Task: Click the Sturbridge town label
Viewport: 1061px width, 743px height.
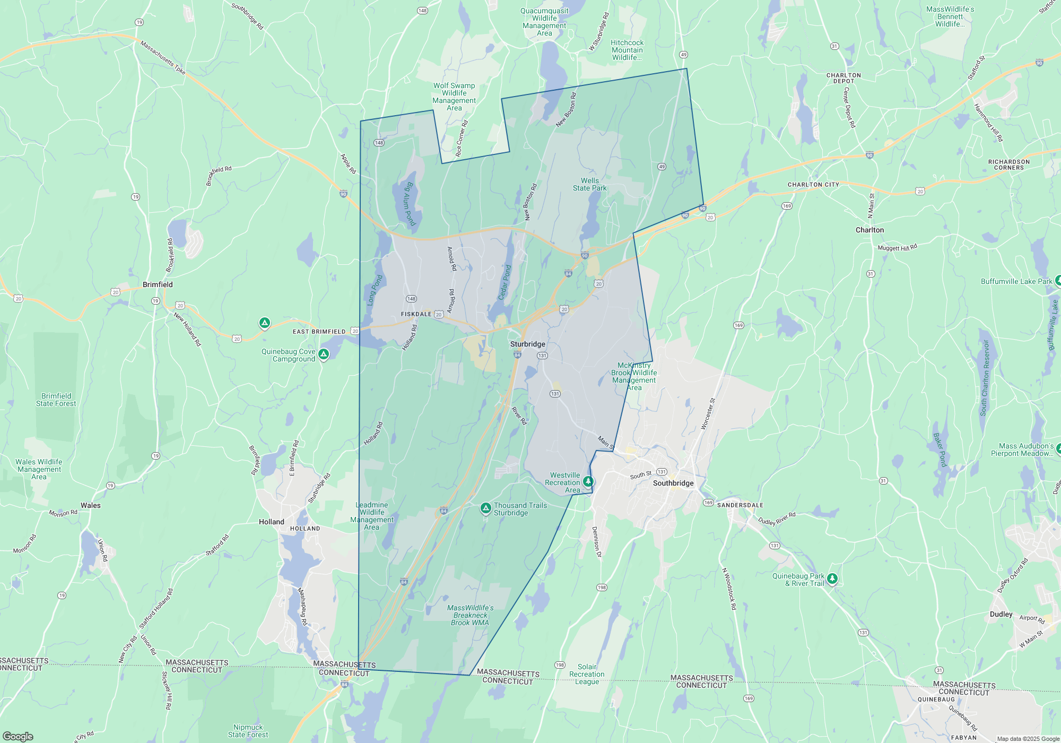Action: tap(527, 344)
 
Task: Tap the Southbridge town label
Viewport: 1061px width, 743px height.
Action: tap(673, 483)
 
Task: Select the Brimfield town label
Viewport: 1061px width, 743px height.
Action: tap(158, 284)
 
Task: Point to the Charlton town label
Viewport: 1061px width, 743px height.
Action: tap(869, 230)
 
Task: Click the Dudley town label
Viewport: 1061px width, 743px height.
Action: tap(1001, 614)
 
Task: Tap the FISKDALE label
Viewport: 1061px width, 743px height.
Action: tap(416, 314)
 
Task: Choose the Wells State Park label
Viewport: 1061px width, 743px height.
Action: tap(589, 184)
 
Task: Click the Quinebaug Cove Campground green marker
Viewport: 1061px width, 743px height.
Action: tap(324, 353)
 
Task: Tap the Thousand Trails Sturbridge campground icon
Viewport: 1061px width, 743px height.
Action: tap(485, 508)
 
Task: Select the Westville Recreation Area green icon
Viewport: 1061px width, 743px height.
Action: tap(588, 481)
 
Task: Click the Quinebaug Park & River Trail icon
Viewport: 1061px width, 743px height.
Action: tap(832, 578)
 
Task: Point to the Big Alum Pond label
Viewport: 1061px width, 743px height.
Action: tap(409, 204)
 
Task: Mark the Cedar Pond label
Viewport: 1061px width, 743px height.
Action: tap(505, 282)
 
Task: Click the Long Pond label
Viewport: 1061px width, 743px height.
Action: tap(375, 290)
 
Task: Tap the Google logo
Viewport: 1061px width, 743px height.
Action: tap(18, 736)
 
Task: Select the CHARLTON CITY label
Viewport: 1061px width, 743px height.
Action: tap(813, 185)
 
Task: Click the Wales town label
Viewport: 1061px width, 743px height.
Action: tap(91, 505)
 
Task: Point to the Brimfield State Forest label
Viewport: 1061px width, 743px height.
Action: tap(56, 400)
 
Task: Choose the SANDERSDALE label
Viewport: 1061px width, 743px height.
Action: tap(740, 505)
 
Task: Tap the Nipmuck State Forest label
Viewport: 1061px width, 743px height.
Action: tap(248, 731)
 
